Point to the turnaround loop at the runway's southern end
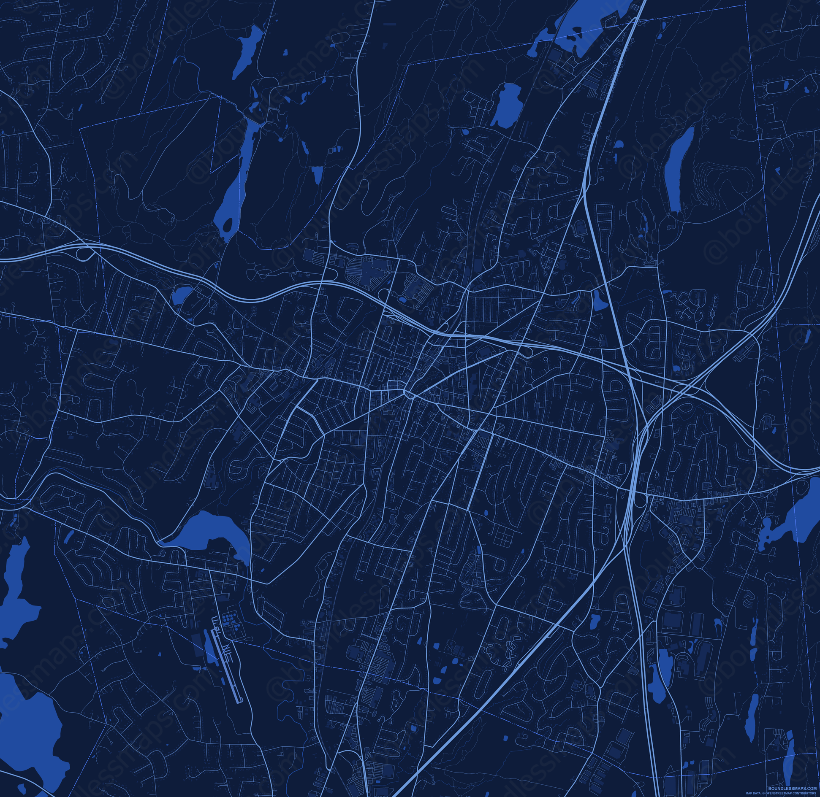coord(240,701)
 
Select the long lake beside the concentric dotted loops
coord(677,169)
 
